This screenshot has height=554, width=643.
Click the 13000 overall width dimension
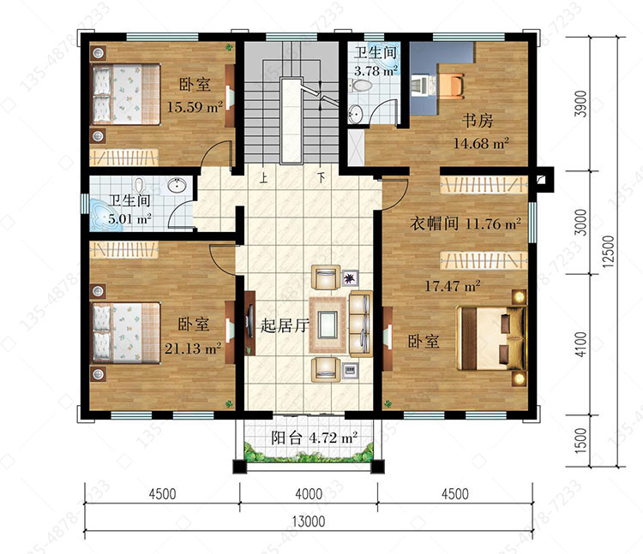309,521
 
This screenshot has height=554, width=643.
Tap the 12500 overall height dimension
609,252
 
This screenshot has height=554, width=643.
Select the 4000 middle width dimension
309,494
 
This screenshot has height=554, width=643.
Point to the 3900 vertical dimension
580,104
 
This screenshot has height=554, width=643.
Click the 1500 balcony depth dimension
580,441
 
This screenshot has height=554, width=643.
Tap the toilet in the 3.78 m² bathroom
360,86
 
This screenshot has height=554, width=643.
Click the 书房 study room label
478,121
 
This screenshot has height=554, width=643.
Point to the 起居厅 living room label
285,325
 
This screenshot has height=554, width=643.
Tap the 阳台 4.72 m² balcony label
314,438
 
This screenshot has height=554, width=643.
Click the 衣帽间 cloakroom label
434,223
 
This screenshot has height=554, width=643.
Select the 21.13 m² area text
193,348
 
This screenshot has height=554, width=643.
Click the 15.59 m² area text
195,107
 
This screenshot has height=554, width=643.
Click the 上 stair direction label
263,178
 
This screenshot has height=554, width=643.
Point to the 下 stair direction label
321,178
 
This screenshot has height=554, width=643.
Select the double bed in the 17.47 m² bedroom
491,338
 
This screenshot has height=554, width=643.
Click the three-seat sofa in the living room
361,324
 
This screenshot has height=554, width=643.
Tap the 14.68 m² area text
481,143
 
